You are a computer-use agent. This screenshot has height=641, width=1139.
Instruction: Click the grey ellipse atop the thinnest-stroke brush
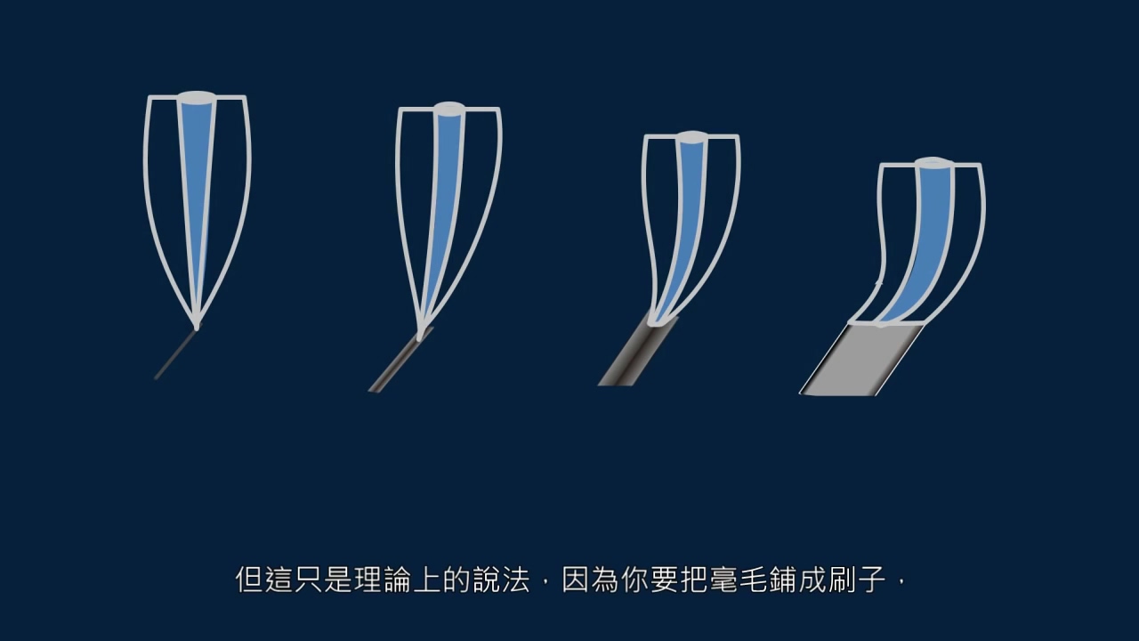tap(197, 96)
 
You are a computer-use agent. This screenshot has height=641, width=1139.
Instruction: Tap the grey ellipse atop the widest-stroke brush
tap(932, 164)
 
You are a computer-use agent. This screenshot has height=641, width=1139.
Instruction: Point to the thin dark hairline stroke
tap(175, 355)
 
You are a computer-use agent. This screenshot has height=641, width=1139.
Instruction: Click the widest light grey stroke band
tap(863, 360)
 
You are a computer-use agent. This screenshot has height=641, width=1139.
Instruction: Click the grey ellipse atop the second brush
tap(449, 109)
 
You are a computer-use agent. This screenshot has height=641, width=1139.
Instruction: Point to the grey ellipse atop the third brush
tap(691, 137)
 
